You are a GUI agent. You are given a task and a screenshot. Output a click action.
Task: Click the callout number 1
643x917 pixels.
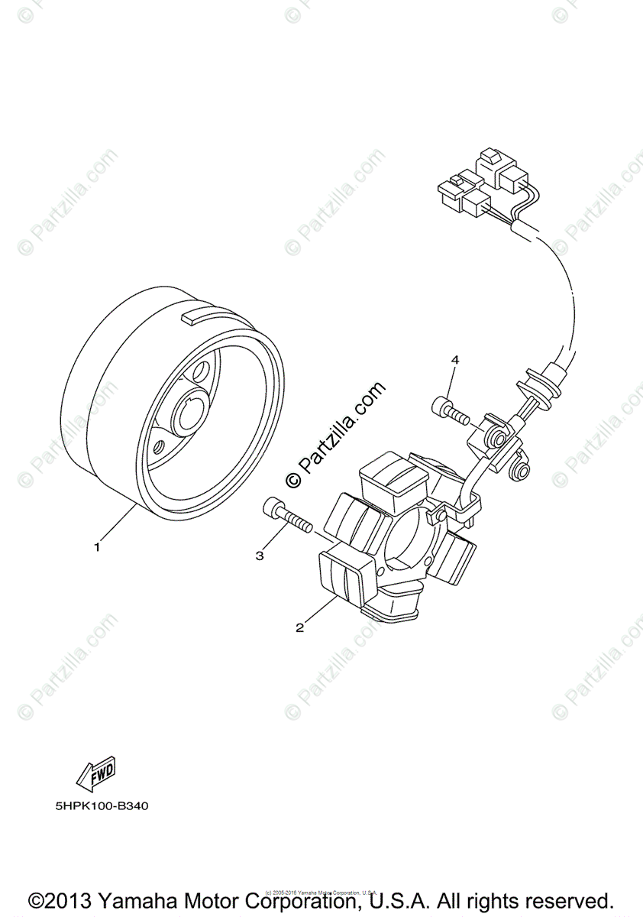(97, 546)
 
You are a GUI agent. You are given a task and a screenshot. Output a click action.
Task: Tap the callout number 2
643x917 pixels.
(300, 627)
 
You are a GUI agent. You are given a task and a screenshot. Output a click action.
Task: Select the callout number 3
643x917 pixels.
(260, 556)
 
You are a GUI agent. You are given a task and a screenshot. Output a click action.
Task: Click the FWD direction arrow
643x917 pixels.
(95, 776)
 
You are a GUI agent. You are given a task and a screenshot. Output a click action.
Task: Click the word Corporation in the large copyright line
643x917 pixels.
(325, 900)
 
